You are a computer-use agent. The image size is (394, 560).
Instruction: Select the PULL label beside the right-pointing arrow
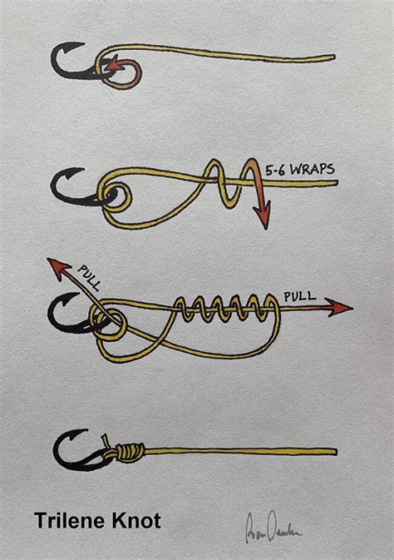[300, 295]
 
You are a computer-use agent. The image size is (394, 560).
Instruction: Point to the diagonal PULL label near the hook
[89, 277]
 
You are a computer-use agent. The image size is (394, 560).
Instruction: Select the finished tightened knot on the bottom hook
[126, 453]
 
